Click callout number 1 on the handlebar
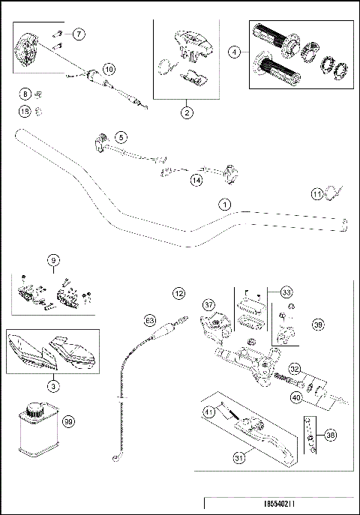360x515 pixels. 223,204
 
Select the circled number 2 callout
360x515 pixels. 185,112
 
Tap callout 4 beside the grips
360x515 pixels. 236,52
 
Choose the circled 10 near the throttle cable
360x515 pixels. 110,69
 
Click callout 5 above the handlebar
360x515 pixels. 121,136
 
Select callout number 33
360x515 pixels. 285,292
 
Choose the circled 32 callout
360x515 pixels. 295,368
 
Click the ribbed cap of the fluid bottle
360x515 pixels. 33,410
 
